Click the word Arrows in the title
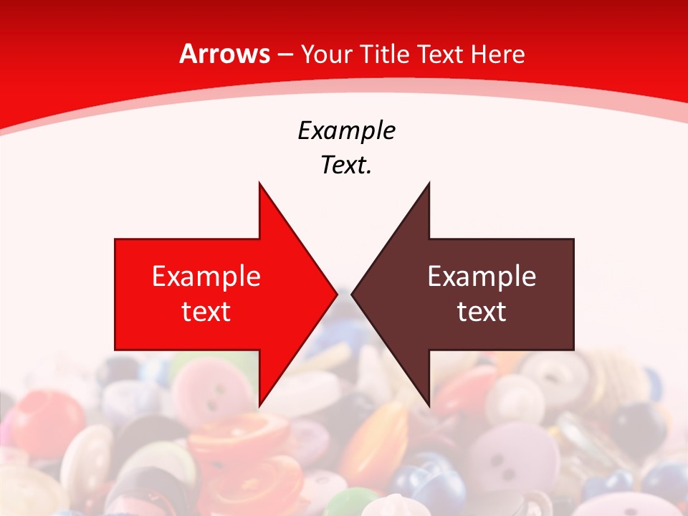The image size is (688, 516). tap(225, 54)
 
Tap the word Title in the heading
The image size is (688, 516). tap(388, 54)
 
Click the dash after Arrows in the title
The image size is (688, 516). tap(285, 55)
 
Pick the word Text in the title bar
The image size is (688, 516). tap(439, 54)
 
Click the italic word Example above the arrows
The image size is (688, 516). tap(346, 130)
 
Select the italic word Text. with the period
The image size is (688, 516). tap(346, 165)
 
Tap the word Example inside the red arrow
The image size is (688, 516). tap(206, 276)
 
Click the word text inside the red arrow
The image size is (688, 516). tap(206, 311)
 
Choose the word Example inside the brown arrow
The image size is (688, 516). tap(482, 276)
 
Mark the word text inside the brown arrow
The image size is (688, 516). tap(482, 311)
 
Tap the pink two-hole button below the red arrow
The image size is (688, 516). tap(211, 391)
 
